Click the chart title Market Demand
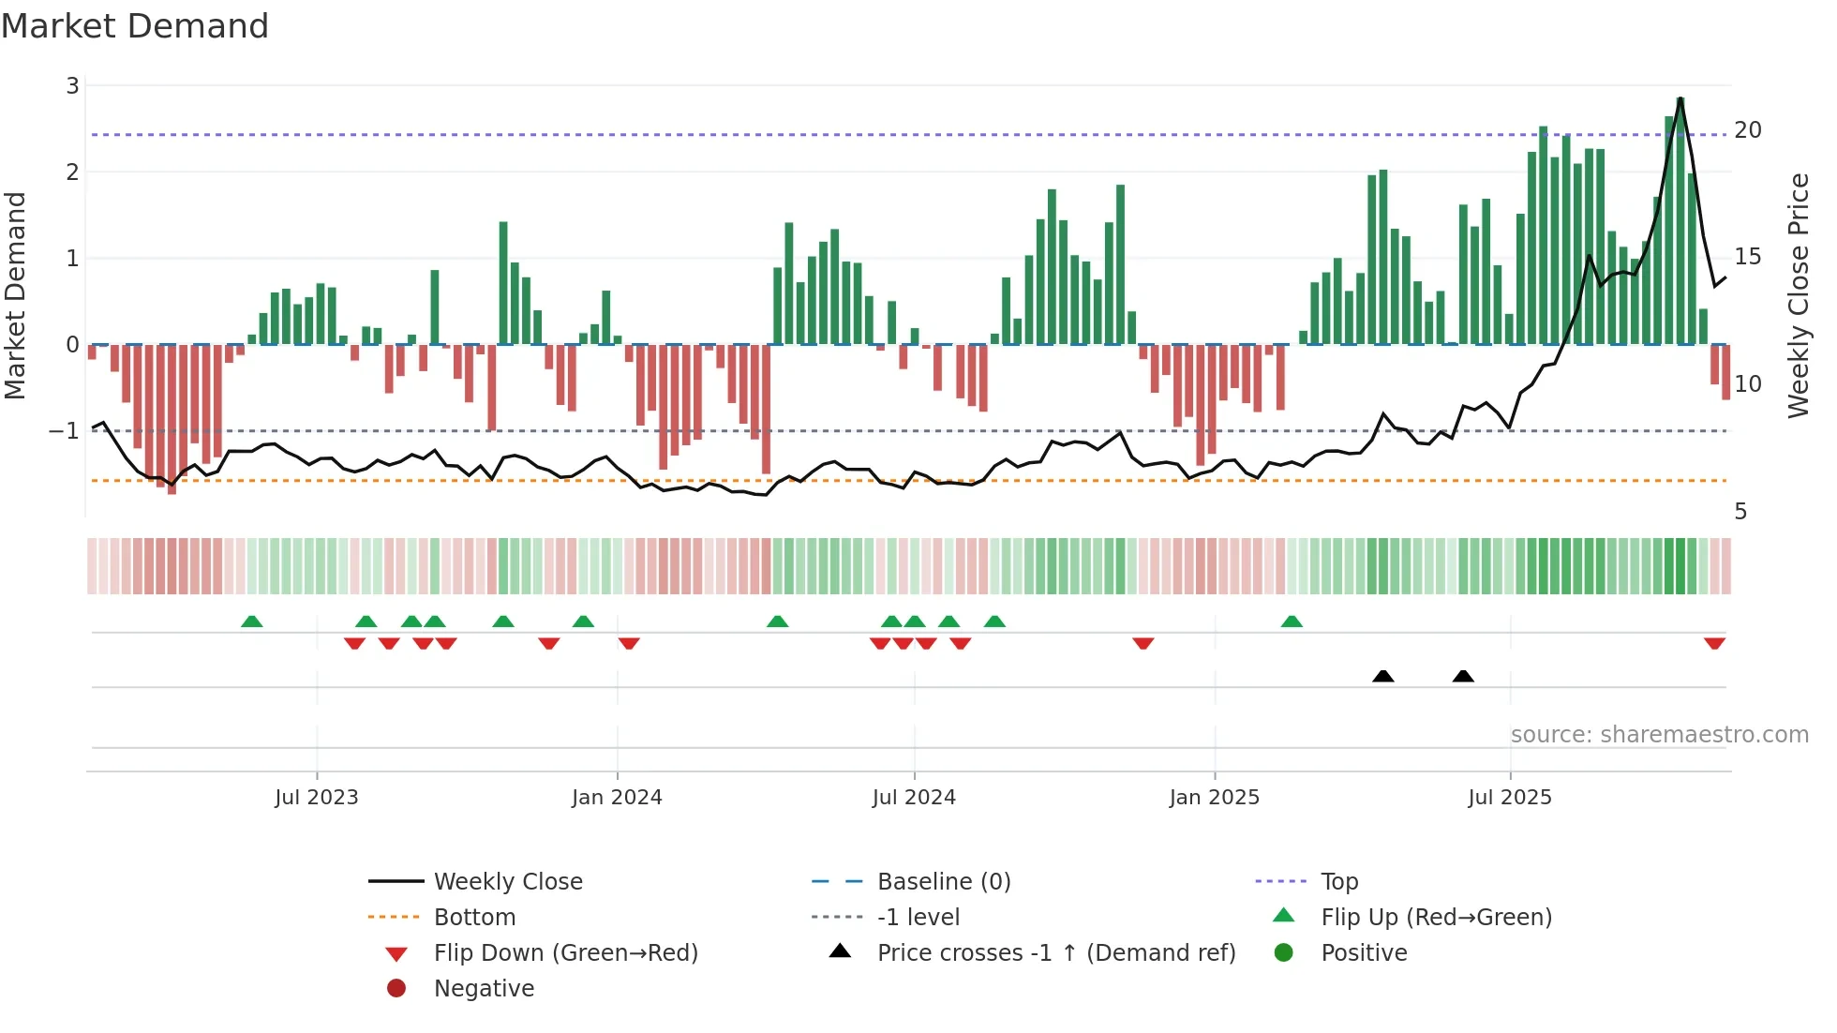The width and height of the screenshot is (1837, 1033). (135, 26)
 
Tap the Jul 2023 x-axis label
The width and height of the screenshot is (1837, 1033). (317, 798)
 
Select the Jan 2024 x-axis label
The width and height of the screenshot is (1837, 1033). (617, 798)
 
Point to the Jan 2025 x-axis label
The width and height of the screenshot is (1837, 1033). (1215, 798)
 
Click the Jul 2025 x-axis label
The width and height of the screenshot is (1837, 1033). (1510, 798)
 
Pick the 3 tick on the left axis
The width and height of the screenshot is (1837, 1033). (72, 86)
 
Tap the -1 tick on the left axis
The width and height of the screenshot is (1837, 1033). (64, 431)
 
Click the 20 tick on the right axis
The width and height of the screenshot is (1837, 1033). (1748, 130)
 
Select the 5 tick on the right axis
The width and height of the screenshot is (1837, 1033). (1740, 512)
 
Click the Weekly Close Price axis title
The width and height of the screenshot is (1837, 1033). (1799, 295)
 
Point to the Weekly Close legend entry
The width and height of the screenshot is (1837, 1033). (508, 882)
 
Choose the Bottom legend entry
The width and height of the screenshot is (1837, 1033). (474, 918)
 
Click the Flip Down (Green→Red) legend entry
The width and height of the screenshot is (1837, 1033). (565, 953)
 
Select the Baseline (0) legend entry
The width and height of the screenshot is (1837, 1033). (944, 882)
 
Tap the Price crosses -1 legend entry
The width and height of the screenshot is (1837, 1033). (1056, 953)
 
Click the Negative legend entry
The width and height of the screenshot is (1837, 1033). (484, 989)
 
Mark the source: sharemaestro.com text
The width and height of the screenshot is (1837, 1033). (1659, 735)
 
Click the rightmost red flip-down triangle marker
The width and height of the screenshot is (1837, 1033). (1714, 644)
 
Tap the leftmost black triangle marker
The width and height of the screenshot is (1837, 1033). (1382, 676)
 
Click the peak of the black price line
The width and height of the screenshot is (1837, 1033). (1680, 98)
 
